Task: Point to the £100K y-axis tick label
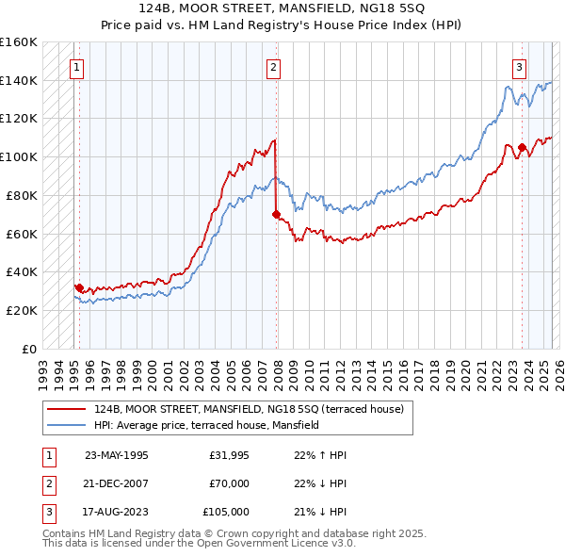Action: [x=19, y=156]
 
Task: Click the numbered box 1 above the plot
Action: [x=75, y=67]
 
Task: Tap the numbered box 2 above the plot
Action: [x=273, y=67]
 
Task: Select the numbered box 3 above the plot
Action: [x=519, y=67]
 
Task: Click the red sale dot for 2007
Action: [x=276, y=215]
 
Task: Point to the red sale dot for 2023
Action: [x=522, y=147]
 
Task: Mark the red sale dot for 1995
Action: [x=79, y=287]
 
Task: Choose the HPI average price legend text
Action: [x=207, y=425]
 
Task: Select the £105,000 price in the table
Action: [x=226, y=512]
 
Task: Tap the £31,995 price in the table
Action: [x=229, y=455]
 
